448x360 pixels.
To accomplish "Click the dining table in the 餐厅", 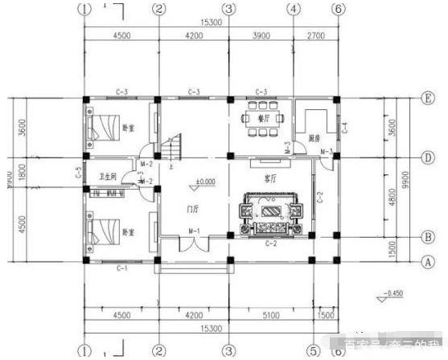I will [262, 117].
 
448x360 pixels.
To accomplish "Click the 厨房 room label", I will [315, 138].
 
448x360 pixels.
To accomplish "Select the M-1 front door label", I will [194, 231].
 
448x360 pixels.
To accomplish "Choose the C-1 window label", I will [121, 268].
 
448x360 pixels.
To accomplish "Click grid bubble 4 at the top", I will [294, 9].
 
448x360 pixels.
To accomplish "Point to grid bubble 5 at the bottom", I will [310, 350].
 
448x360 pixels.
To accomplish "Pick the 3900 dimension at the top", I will [261, 35].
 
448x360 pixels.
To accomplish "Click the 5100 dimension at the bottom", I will [268, 317].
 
